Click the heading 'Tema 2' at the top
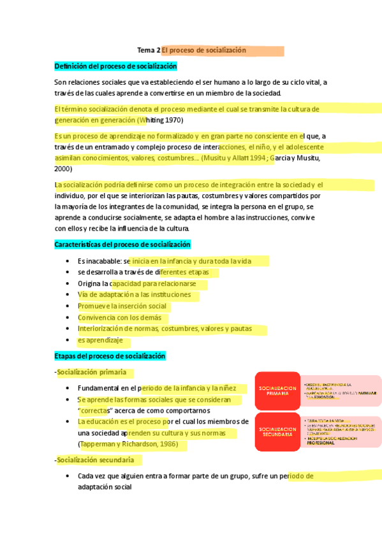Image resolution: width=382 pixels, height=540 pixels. (149, 50)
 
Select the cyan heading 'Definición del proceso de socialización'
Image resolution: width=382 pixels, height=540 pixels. (115, 66)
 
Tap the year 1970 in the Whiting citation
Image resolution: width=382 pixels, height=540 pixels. (175, 119)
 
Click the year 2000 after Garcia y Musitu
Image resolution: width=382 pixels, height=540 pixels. (64, 169)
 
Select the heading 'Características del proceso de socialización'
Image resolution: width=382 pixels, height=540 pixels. (122, 245)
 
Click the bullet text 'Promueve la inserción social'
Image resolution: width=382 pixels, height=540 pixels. (122, 306)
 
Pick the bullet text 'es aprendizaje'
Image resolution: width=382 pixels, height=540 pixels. (100, 341)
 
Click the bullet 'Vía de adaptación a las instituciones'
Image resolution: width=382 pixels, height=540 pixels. (134, 295)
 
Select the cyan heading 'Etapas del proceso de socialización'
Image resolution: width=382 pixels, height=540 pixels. (110, 356)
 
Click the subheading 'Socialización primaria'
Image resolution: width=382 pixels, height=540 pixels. (91, 372)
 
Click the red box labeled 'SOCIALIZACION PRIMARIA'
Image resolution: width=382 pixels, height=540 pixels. (277, 390)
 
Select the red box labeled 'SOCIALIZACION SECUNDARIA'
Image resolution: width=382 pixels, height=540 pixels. (277, 432)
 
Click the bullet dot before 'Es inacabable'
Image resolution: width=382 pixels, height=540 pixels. (68, 261)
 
